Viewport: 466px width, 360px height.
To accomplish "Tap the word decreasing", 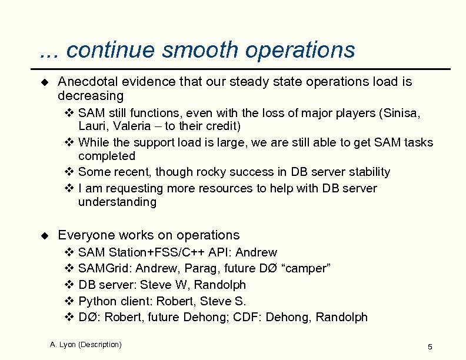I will point(91,96).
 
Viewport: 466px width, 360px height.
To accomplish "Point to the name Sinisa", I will point(401,113).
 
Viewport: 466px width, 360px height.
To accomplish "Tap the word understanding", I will point(117,202).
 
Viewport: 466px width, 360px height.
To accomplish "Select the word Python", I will point(98,301).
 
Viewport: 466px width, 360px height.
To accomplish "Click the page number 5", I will point(430,347).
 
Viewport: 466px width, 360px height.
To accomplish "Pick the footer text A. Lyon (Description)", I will point(86,345).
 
